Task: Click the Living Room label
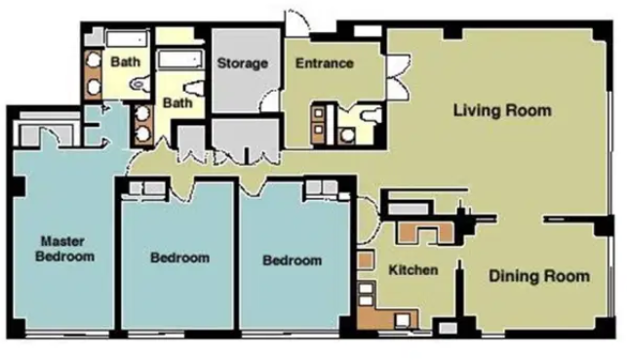click(x=502, y=110)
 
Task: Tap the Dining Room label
click(x=539, y=276)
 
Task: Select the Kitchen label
click(x=413, y=270)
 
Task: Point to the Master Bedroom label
click(x=64, y=249)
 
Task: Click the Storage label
click(x=243, y=63)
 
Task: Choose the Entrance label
click(x=325, y=63)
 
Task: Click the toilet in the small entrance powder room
click(x=369, y=115)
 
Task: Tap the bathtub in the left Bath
click(x=127, y=39)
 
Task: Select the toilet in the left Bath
click(x=139, y=84)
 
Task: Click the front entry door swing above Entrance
click(x=297, y=22)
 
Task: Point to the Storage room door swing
click(x=270, y=100)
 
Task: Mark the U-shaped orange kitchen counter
click(x=425, y=232)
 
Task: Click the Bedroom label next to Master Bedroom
click(x=180, y=258)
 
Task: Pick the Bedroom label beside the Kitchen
click(x=293, y=260)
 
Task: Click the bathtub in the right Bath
click(x=180, y=60)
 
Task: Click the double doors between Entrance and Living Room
click(x=398, y=75)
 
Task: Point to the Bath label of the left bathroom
click(x=125, y=62)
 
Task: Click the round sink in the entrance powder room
click(x=347, y=136)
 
